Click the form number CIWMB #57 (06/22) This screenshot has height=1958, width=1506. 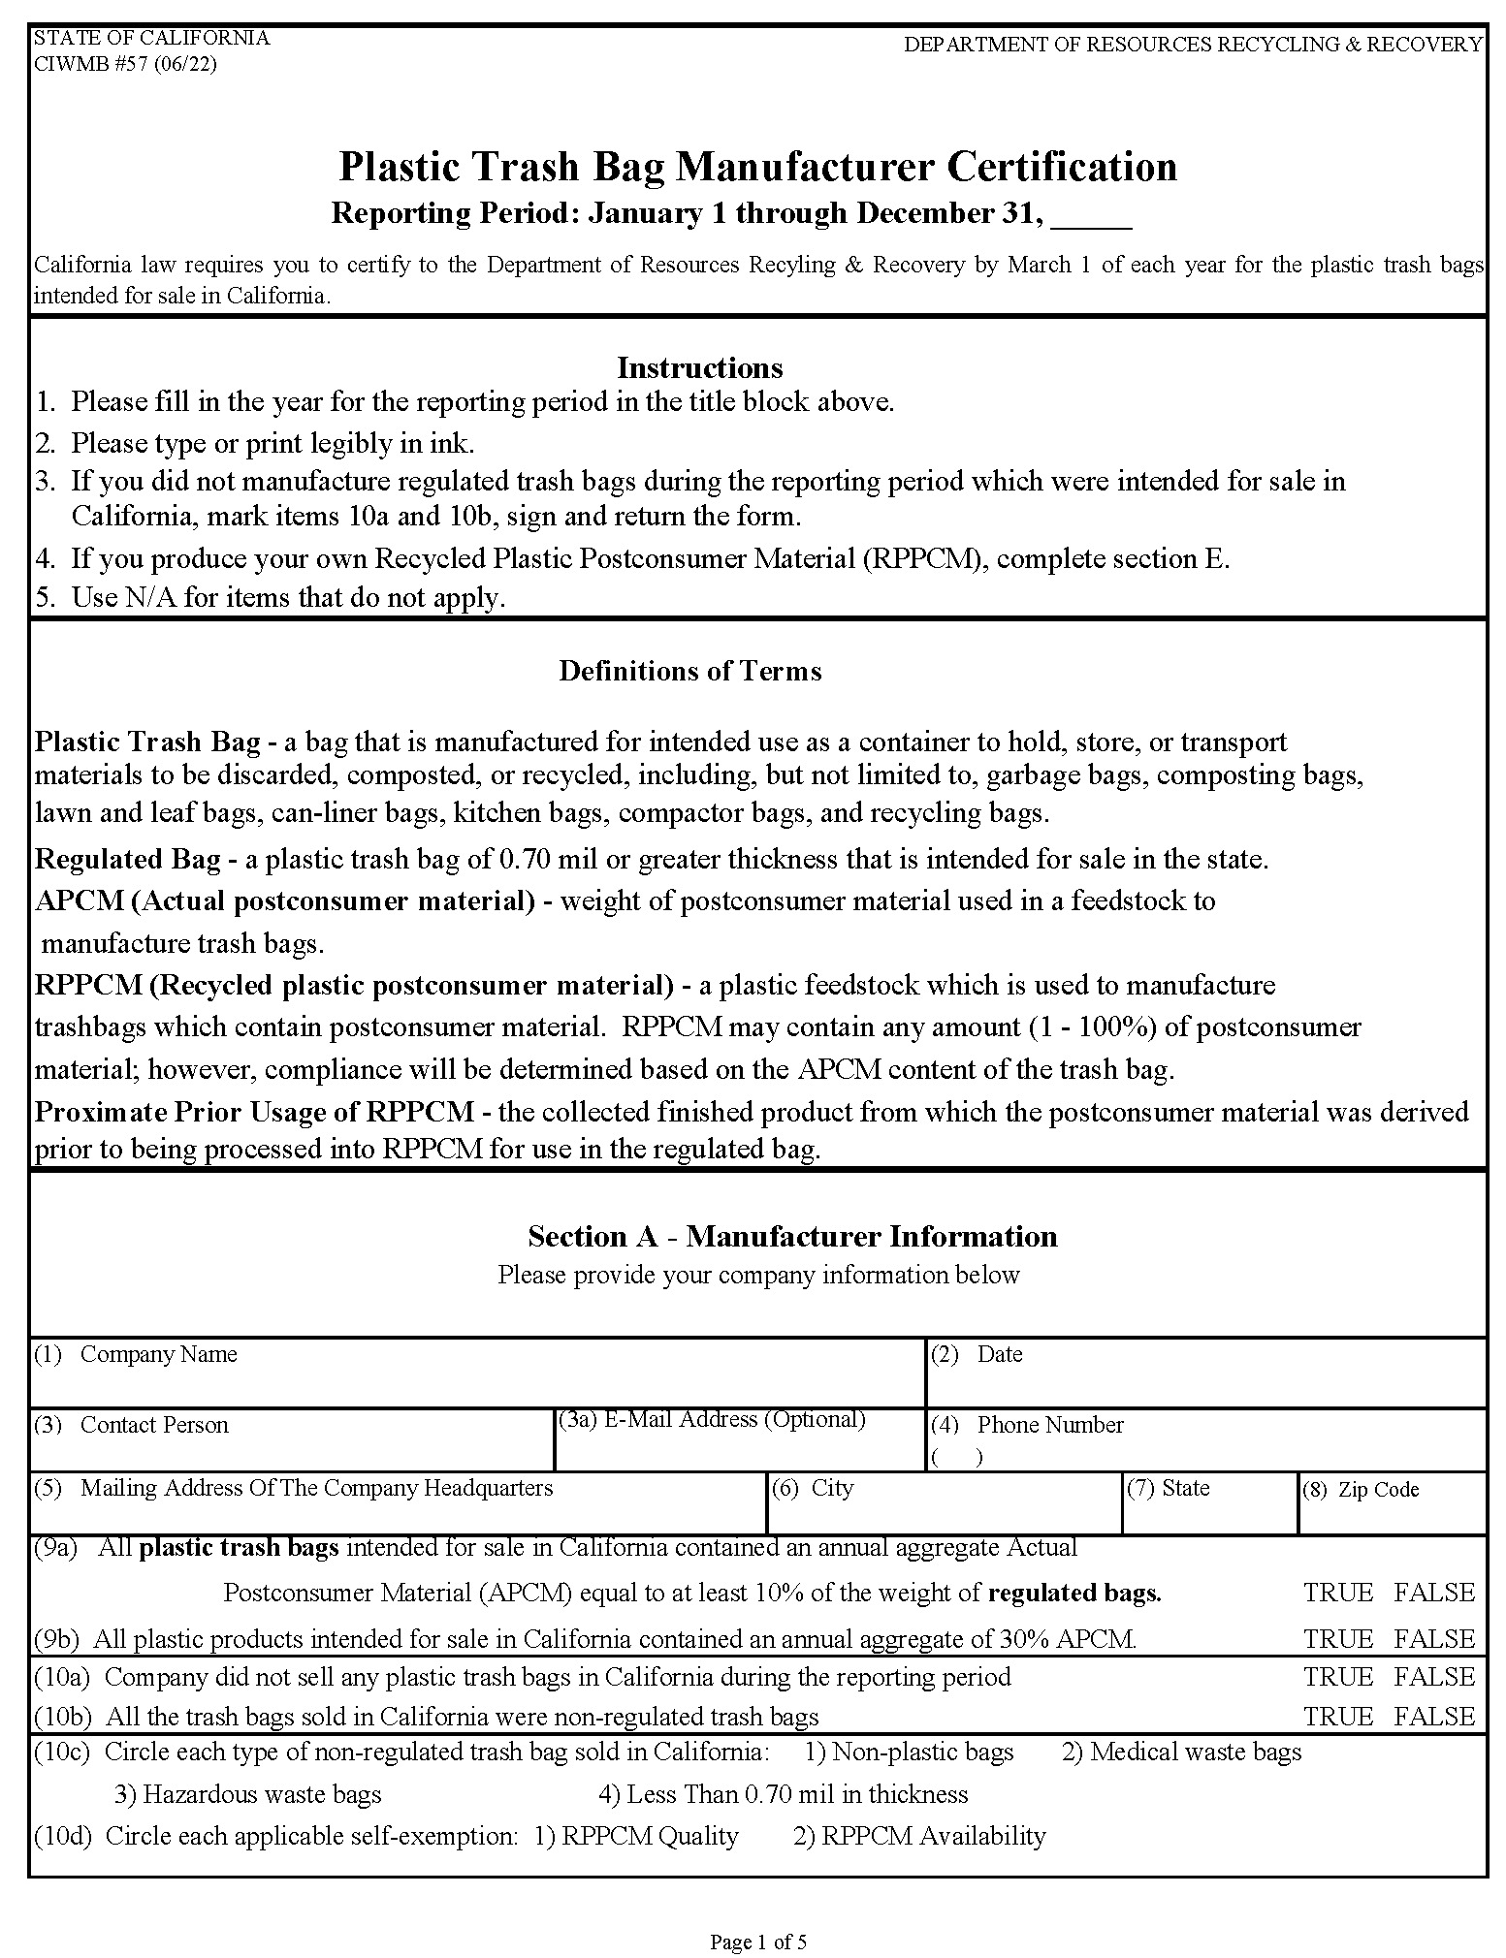tap(125, 64)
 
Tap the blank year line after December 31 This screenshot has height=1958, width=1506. tap(1091, 215)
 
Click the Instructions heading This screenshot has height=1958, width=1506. tap(699, 367)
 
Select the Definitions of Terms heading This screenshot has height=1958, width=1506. tap(689, 671)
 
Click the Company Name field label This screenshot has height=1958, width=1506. tap(158, 1354)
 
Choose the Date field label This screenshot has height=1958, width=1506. tap(999, 1354)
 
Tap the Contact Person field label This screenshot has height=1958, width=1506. tap(154, 1425)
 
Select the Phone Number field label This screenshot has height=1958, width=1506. tap(1049, 1425)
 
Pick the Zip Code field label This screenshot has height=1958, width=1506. tap(1377, 1490)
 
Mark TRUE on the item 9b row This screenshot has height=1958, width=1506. tap(1337, 1639)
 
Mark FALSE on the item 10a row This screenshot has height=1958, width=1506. tap(1434, 1677)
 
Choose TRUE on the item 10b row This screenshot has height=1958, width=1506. tap(1337, 1717)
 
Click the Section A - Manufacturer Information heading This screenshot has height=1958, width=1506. tap(792, 1236)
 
